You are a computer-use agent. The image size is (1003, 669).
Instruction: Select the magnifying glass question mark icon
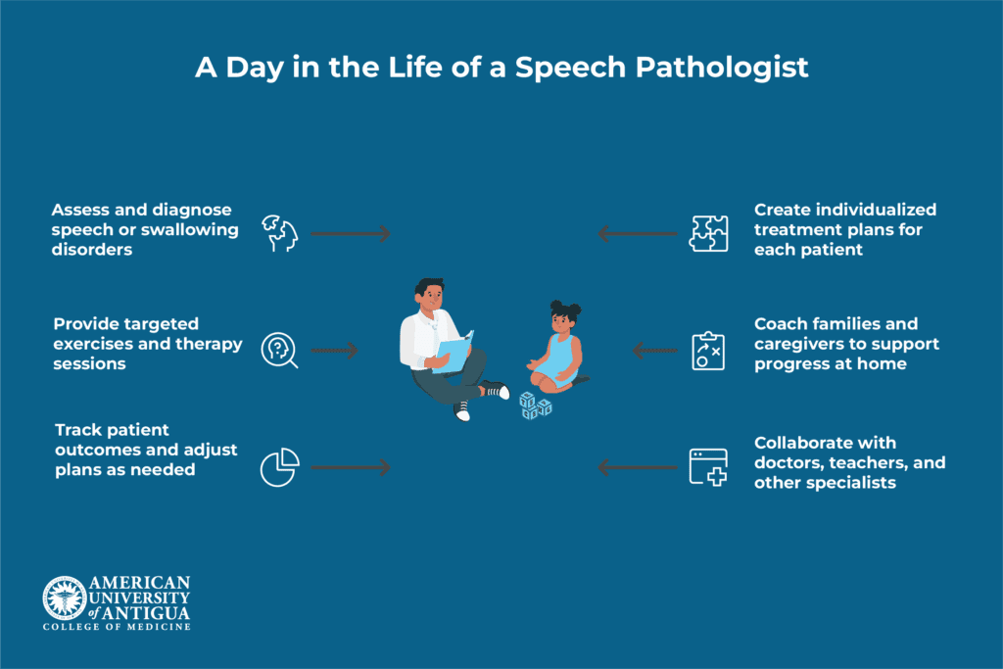pos(278,350)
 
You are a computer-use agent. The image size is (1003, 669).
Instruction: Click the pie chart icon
pos(279,467)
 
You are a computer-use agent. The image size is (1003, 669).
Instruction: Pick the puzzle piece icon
pos(708,233)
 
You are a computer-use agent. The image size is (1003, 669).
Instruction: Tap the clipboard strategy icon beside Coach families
pos(707,350)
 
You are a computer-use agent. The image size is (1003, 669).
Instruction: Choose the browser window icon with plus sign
pos(708,467)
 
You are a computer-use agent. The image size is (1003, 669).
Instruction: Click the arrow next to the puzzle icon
pos(637,233)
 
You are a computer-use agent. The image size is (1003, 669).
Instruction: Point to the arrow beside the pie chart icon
pos(350,467)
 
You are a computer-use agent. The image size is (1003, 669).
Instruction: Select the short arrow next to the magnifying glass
pos(334,350)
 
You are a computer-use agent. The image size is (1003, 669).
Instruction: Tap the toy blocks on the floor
pos(535,405)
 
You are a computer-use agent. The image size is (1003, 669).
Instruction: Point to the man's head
pos(429,293)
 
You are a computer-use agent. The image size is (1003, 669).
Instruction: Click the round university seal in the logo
pos(64,597)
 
